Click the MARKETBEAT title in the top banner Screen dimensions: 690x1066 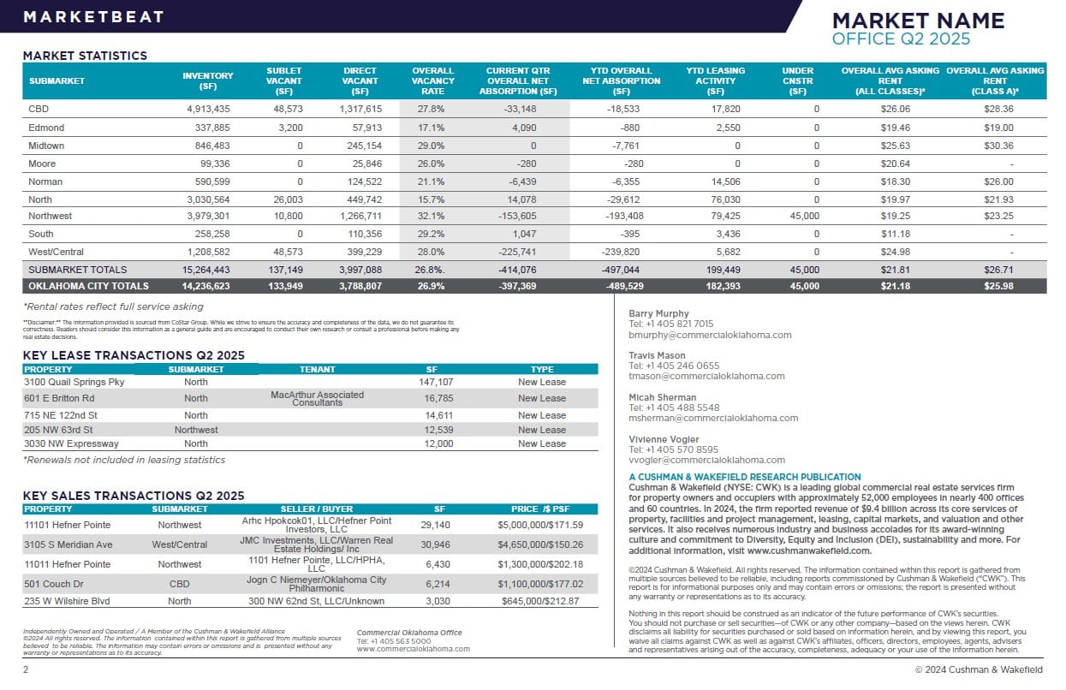93,17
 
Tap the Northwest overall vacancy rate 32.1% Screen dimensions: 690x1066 432,217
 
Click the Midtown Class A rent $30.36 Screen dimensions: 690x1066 998,146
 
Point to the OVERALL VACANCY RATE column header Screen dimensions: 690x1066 432,80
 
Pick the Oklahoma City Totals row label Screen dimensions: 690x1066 88,286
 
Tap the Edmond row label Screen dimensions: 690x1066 46,128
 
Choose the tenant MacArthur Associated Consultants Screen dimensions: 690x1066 317,398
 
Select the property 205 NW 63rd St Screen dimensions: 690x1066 58,430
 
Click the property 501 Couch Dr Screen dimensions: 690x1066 53,584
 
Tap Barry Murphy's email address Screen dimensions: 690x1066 710,335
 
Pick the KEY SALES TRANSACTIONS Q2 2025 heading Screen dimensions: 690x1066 133,496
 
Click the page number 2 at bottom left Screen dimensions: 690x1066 26,669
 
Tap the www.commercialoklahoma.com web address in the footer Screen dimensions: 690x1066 413,649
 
